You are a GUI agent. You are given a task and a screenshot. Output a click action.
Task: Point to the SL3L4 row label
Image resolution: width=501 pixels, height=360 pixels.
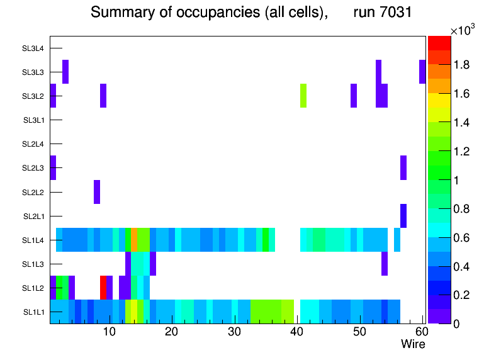33,48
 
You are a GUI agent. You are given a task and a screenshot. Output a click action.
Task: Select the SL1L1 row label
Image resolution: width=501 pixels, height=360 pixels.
33,312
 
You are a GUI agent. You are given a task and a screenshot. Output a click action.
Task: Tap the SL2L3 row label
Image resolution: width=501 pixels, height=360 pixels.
33,168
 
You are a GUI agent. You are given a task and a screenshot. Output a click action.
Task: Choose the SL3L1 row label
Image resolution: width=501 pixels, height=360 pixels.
33,120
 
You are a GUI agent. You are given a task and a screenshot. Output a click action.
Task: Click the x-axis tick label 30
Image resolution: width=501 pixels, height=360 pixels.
234,332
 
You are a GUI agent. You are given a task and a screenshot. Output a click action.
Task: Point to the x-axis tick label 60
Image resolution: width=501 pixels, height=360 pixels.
421,332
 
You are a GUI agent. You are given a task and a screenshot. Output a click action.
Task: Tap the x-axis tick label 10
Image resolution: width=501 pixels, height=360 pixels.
109,332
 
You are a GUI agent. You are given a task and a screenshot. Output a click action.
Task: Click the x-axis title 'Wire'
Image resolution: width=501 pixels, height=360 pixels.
413,344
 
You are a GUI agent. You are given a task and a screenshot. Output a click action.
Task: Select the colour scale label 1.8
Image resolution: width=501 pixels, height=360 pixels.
464,65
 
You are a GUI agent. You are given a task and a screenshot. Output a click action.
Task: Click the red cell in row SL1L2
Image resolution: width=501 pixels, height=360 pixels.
103,288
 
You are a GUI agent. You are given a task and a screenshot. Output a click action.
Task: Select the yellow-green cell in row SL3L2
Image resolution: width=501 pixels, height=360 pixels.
303,96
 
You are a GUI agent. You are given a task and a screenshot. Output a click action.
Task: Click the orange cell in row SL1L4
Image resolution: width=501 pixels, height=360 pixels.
133,240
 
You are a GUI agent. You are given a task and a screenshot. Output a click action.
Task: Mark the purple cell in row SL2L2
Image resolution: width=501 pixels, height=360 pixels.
97,192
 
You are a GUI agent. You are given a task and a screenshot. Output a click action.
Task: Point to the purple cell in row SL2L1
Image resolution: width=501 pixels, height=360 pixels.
403,216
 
